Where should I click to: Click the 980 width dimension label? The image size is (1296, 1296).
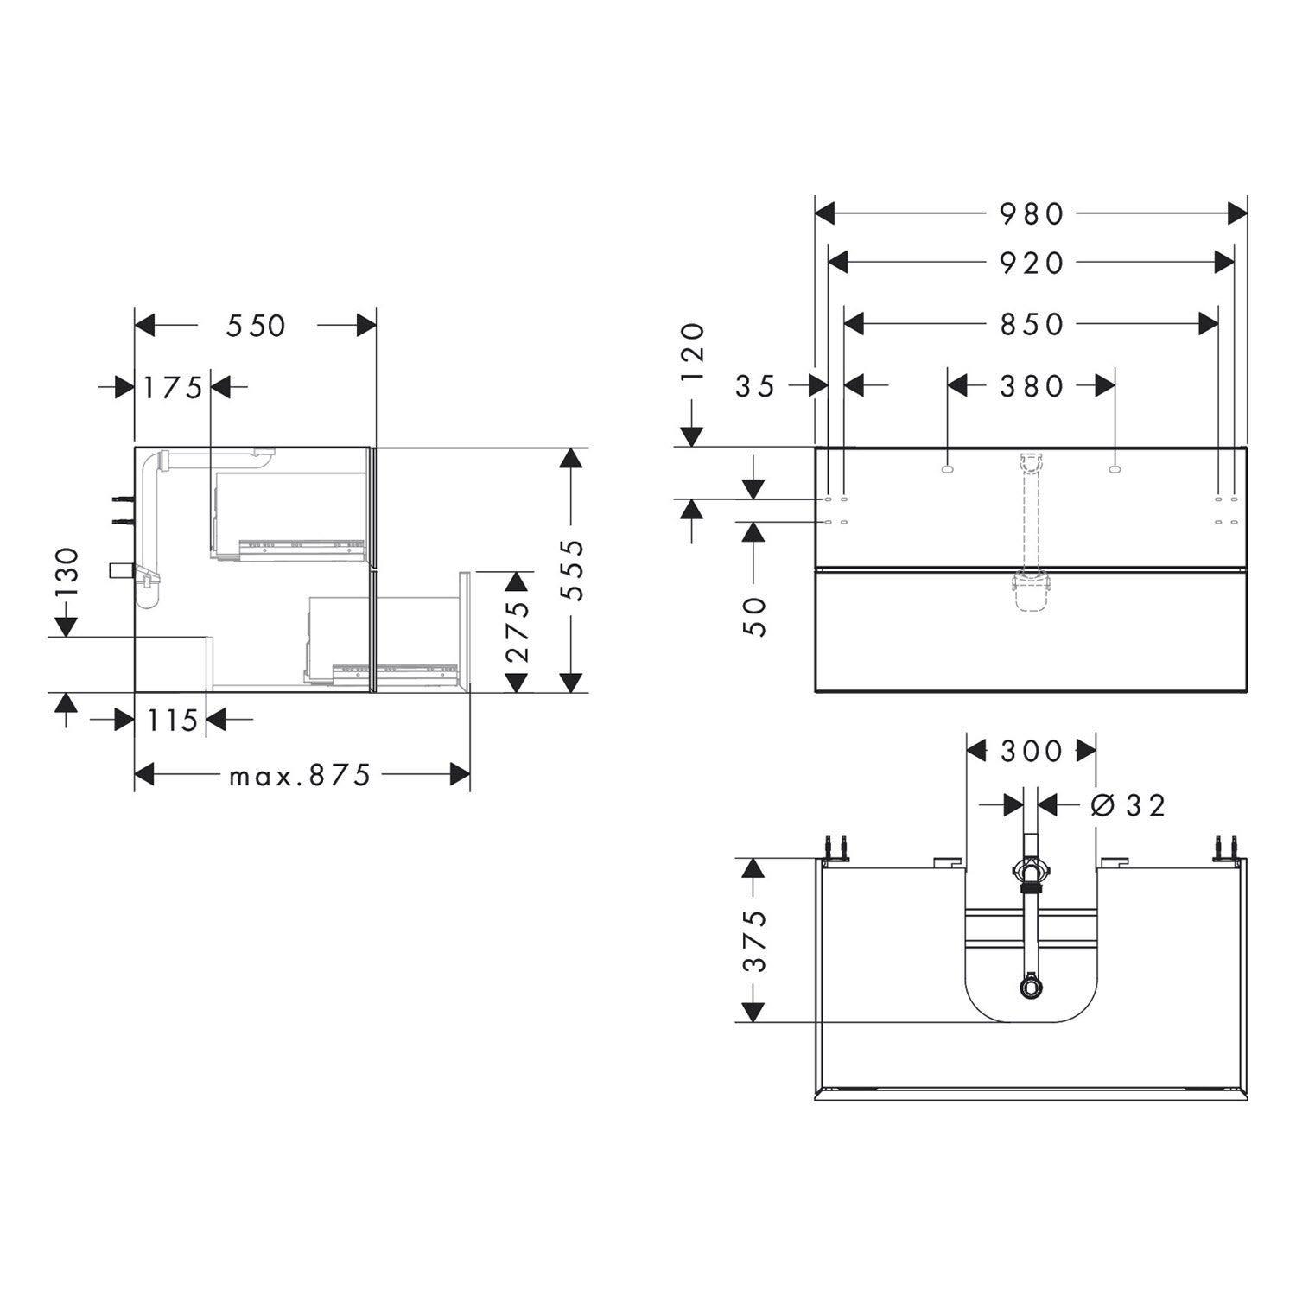point(1032,213)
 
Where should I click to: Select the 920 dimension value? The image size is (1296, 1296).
point(1032,263)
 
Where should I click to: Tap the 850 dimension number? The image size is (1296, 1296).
point(1032,324)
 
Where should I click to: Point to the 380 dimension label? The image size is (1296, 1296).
point(1032,385)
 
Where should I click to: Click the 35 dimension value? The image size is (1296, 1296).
point(756,385)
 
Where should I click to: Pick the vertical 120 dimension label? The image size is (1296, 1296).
point(693,352)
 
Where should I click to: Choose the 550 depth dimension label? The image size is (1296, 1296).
point(256,325)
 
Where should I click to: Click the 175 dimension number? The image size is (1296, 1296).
point(173,388)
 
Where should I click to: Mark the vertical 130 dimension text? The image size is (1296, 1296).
point(67,571)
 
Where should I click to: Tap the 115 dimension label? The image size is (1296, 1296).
point(173,719)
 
